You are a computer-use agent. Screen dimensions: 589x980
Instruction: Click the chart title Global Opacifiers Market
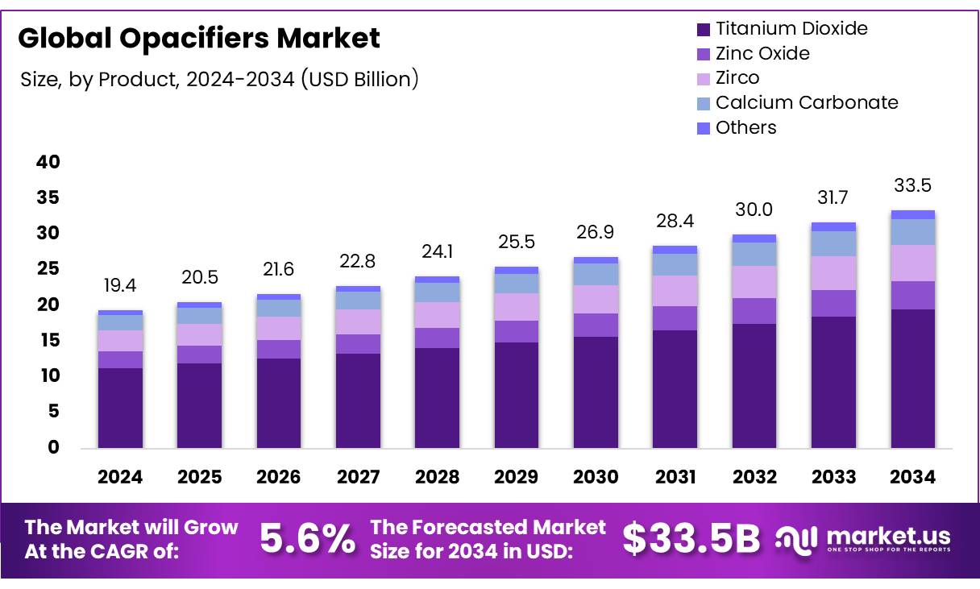(x=198, y=38)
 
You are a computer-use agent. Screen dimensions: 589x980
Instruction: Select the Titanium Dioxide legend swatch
(x=704, y=30)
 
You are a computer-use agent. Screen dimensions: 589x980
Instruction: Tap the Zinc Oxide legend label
(x=762, y=53)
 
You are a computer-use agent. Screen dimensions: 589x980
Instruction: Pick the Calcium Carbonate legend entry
(x=806, y=102)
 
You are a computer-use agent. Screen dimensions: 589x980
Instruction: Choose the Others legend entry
(x=745, y=127)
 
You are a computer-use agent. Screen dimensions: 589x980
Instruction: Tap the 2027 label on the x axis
(x=358, y=477)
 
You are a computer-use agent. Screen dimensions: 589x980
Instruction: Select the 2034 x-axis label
(x=912, y=477)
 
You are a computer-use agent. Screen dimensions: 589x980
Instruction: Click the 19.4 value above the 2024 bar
(x=120, y=286)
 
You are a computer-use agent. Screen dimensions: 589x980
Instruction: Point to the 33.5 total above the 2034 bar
(x=912, y=186)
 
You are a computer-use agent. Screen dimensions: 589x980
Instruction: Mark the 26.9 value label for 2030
(x=596, y=233)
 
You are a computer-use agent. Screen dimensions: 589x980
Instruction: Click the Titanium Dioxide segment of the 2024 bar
(x=120, y=408)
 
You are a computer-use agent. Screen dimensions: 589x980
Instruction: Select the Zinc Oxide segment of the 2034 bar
(x=912, y=295)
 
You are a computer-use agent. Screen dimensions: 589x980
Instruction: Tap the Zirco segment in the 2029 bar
(x=517, y=307)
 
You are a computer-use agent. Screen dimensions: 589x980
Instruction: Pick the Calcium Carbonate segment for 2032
(x=754, y=254)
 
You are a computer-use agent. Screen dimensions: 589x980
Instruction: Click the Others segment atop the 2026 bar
(x=279, y=297)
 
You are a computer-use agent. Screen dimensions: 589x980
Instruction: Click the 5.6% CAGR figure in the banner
(x=307, y=539)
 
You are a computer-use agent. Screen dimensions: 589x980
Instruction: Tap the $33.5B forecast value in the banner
(x=691, y=539)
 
